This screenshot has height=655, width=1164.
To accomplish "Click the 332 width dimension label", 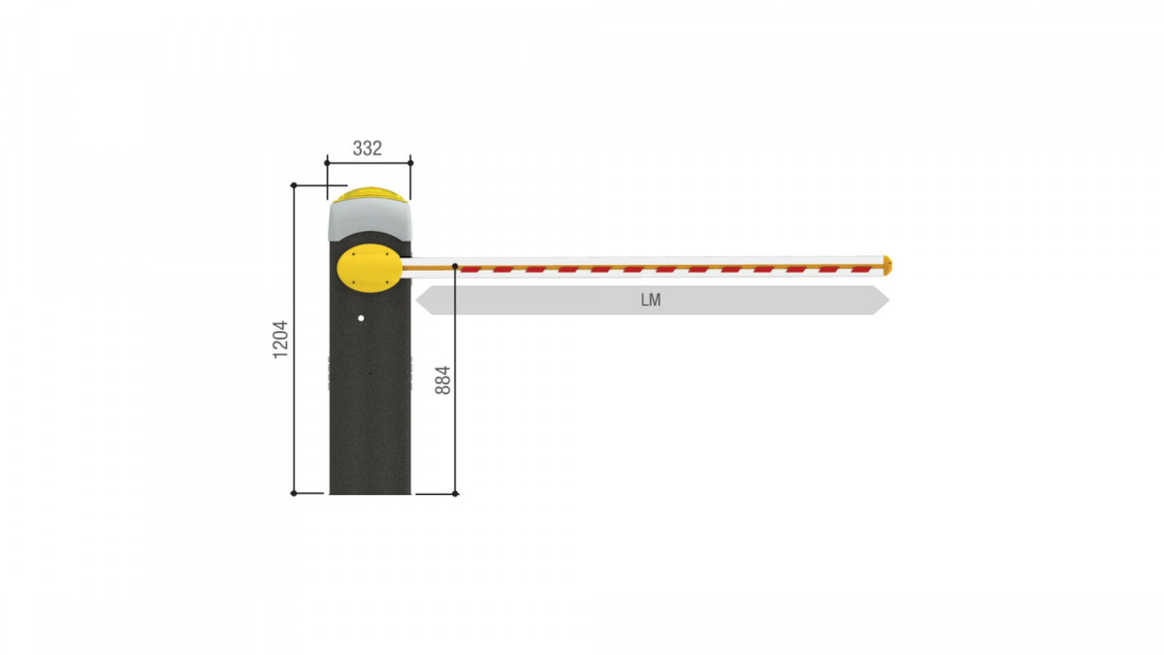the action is tap(368, 148).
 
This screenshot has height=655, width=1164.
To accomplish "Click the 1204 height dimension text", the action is tap(280, 340).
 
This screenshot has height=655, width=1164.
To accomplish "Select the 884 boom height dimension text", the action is tap(442, 380).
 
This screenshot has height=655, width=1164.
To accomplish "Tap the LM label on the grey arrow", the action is tap(651, 300).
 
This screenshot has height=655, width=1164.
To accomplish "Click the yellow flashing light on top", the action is tap(370, 195).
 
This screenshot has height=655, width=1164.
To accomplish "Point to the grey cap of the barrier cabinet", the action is tap(370, 220).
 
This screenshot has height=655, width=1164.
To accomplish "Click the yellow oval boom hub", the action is tap(370, 268).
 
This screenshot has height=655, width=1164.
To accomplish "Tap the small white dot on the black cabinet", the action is tap(361, 318).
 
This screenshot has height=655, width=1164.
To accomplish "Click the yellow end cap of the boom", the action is tap(888, 266).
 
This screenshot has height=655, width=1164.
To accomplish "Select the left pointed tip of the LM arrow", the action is tap(416, 300).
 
